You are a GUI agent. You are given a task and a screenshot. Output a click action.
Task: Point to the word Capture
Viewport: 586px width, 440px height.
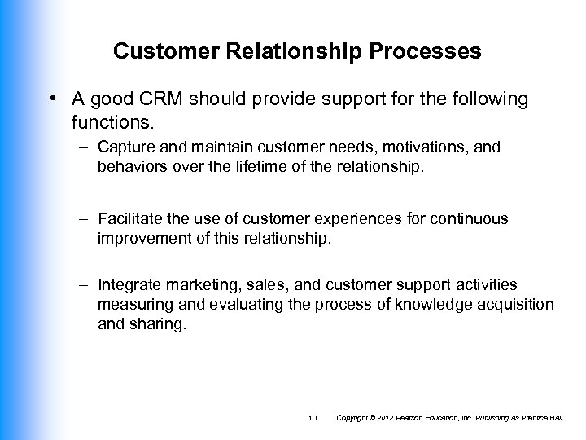click(x=122, y=147)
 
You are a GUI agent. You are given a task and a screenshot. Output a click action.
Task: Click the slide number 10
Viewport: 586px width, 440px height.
click(x=313, y=418)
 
